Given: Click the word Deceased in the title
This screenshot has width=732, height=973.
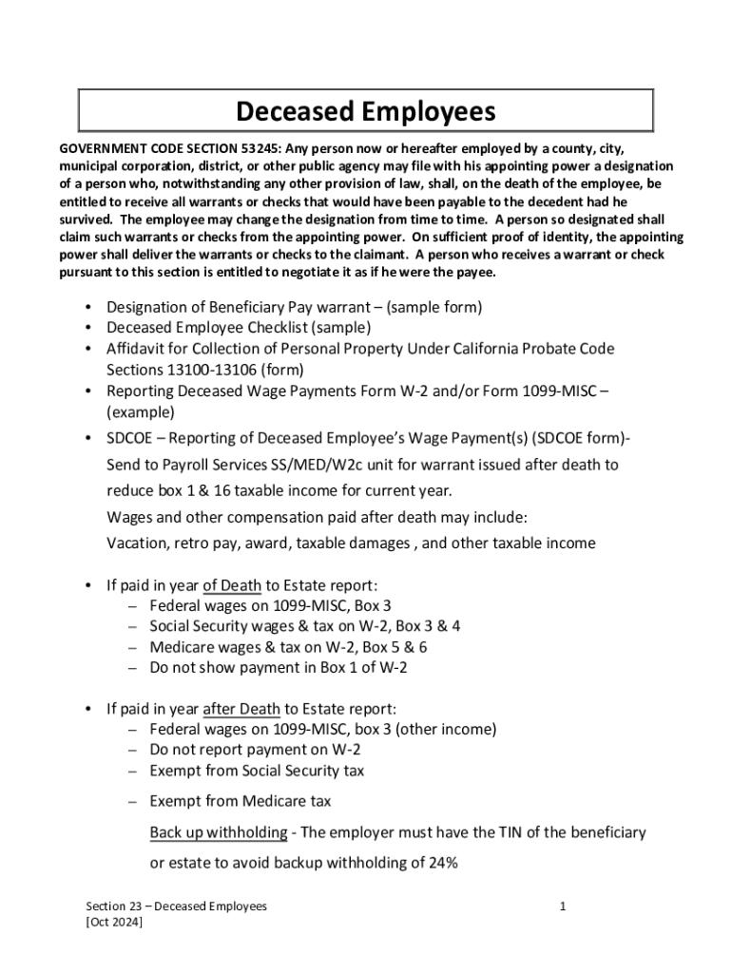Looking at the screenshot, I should (x=293, y=112).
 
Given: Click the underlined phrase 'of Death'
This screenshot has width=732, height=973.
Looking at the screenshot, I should (x=232, y=584).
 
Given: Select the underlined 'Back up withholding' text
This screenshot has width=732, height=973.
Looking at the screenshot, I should (x=218, y=833).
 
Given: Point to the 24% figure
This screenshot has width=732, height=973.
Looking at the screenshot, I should (x=441, y=864).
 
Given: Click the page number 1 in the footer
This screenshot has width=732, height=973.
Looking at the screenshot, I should (x=563, y=906).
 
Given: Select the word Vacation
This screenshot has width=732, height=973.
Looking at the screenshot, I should (x=137, y=544).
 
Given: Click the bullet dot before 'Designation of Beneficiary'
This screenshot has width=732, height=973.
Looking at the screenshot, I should (x=88, y=308).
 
